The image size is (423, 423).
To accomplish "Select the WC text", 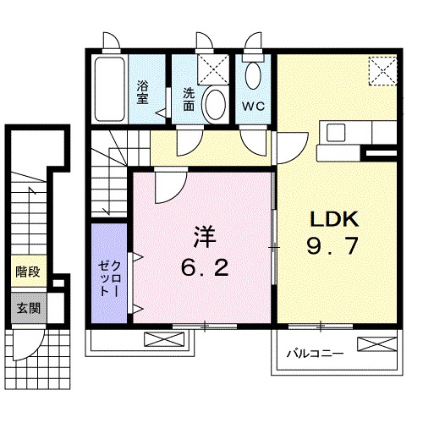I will tap(255, 106).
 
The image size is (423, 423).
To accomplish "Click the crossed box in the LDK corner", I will tap(383, 69).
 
